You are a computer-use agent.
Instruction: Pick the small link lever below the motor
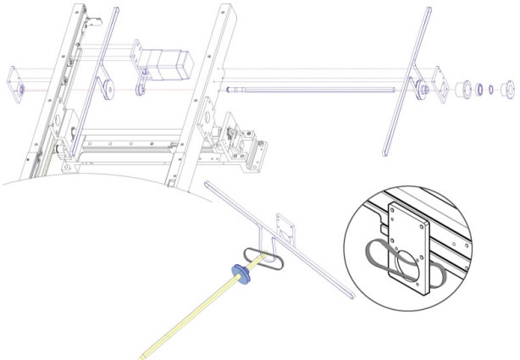tap(141, 82)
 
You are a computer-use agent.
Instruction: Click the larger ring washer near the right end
tap(479, 88)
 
